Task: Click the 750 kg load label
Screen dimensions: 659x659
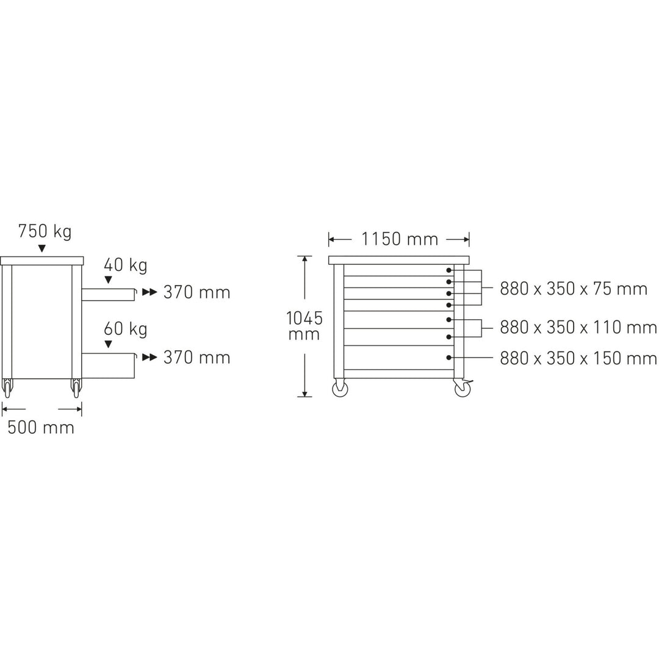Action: (x=45, y=232)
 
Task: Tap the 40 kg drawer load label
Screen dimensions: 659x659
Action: (x=126, y=265)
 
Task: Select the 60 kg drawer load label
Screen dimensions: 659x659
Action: (x=126, y=329)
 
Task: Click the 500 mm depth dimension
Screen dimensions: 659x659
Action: (x=41, y=427)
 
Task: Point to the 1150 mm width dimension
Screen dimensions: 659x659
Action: (x=400, y=239)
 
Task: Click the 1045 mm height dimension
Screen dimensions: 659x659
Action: (x=304, y=326)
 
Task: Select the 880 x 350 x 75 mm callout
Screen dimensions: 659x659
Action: (x=573, y=289)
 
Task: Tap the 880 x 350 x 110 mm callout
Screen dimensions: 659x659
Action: (x=578, y=327)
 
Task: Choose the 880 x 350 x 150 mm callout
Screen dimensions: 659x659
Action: (x=578, y=359)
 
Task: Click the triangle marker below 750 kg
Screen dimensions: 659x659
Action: (x=41, y=248)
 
